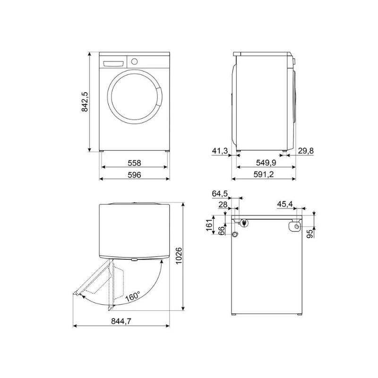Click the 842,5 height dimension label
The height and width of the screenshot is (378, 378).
click(85, 102)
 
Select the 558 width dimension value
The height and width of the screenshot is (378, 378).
click(134, 163)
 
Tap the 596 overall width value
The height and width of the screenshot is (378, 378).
click(134, 175)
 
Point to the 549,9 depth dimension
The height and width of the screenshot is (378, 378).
click(266, 163)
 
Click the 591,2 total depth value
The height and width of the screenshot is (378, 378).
click(264, 174)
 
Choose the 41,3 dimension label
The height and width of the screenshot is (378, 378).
click(220, 151)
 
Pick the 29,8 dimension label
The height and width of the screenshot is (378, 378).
click(306, 151)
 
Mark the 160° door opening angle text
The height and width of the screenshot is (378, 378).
click(133, 296)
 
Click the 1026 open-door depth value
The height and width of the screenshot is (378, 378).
click(179, 256)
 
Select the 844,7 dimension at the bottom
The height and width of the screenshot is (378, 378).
click(121, 321)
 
